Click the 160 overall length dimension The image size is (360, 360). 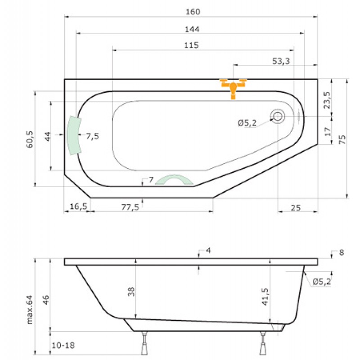(193, 12)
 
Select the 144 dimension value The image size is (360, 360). (192, 29)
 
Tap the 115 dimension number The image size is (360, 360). (191, 45)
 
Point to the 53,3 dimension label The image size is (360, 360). (281, 61)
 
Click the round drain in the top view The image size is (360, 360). (278, 116)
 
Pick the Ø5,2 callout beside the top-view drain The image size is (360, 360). (247, 123)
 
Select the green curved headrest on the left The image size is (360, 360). (74, 135)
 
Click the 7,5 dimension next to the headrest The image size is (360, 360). (93, 136)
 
